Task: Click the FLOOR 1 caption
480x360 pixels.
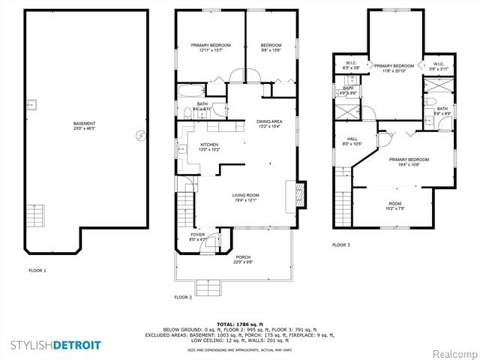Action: (37, 270)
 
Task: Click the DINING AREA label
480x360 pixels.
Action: (269, 124)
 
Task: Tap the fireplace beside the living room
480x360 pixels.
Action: (299, 195)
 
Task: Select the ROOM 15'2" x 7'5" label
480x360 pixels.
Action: (394, 206)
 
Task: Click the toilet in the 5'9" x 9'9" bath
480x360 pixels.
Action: (430, 102)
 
